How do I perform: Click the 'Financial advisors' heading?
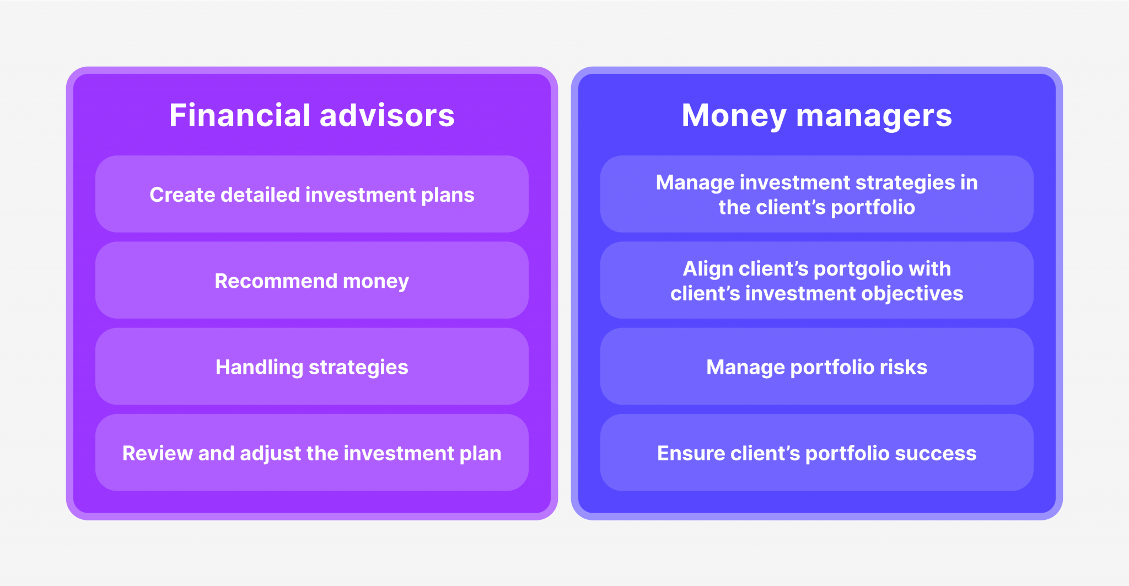(x=312, y=115)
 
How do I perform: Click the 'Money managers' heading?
(x=817, y=116)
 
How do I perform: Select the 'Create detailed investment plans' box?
(x=312, y=194)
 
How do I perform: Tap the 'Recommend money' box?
(x=312, y=280)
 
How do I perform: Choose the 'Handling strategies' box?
(x=312, y=367)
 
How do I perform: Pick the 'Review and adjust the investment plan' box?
(x=312, y=453)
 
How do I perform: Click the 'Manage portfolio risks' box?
(x=817, y=367)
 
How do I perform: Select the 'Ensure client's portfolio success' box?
(x=817, y=453)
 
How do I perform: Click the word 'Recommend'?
(x=276, y=281)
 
